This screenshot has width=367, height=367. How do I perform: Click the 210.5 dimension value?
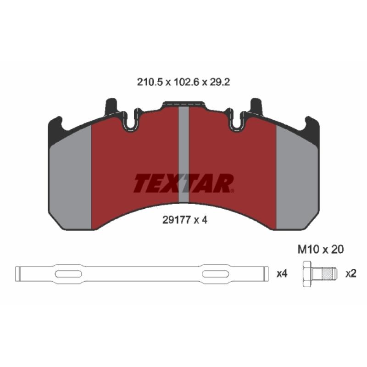pos(150,82)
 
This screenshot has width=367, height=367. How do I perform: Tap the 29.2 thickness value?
pos(220,82)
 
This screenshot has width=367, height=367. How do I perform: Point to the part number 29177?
pos(176,220)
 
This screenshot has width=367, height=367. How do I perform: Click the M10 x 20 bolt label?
pos(321,250)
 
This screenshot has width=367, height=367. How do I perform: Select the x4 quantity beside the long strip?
pos(282,273)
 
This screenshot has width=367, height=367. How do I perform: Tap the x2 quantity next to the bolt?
pos(351,273)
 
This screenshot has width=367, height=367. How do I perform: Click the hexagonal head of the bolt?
pos(307,274)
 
